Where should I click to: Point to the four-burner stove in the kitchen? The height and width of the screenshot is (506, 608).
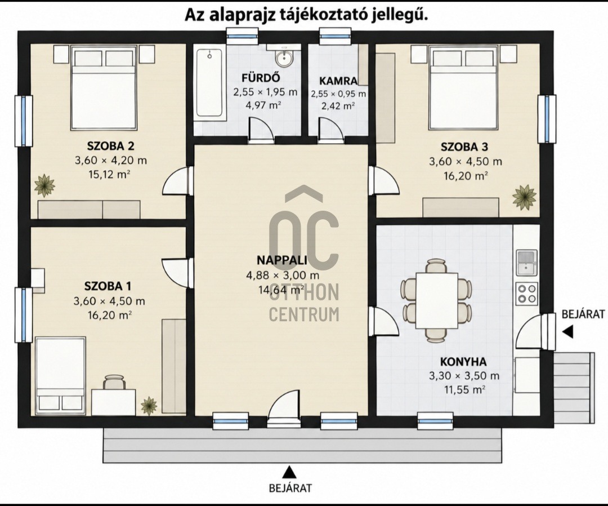click(526, 293)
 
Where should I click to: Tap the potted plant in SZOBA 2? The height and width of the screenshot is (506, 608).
click(44, 185)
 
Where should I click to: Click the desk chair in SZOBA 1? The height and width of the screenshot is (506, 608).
click(114, 382)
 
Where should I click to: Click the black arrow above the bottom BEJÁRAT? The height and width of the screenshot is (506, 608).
click(288, 472)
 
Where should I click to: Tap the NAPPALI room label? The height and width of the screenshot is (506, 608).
click(282, 260)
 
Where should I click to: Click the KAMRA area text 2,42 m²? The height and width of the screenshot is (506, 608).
click(338, 106)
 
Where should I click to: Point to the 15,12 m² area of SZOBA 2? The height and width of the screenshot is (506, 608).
click(109, 175)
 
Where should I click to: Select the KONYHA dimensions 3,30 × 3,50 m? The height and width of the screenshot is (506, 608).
click(464, 376)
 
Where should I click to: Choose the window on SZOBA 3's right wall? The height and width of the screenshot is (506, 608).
click(547, 119)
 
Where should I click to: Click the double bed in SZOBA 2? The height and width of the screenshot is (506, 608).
click(104, 88)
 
